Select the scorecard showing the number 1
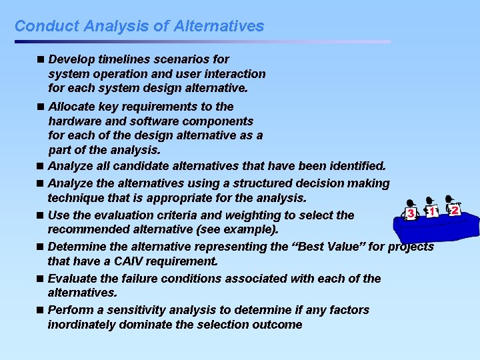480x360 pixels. coord(433,211)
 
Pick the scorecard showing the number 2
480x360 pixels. coord(454,210)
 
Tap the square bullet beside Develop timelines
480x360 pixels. coord(42,59)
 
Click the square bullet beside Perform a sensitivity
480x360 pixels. coord(41,310)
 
